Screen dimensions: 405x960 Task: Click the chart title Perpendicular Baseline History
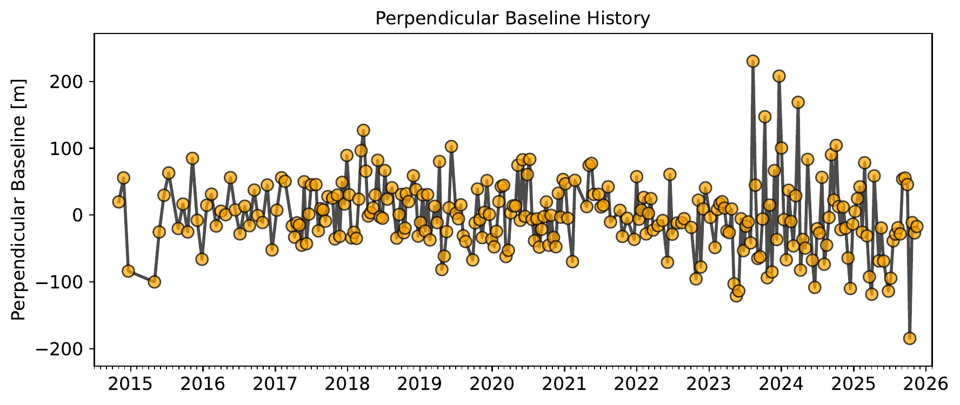coord(512,19)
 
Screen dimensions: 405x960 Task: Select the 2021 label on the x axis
coord(564,384)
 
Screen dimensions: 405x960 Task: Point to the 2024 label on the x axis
coord(781,384)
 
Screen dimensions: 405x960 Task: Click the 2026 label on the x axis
coord(925,384)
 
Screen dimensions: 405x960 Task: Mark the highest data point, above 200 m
coord(753,61)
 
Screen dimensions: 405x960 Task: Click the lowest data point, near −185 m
coord(910,339)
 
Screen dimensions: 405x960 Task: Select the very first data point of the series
coord(119,202)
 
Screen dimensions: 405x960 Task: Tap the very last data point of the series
coord(917,226)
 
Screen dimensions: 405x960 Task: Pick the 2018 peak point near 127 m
coord(363,130)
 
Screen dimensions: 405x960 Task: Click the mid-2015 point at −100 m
coord(155,282)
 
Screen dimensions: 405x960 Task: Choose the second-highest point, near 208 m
coord(779,76)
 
